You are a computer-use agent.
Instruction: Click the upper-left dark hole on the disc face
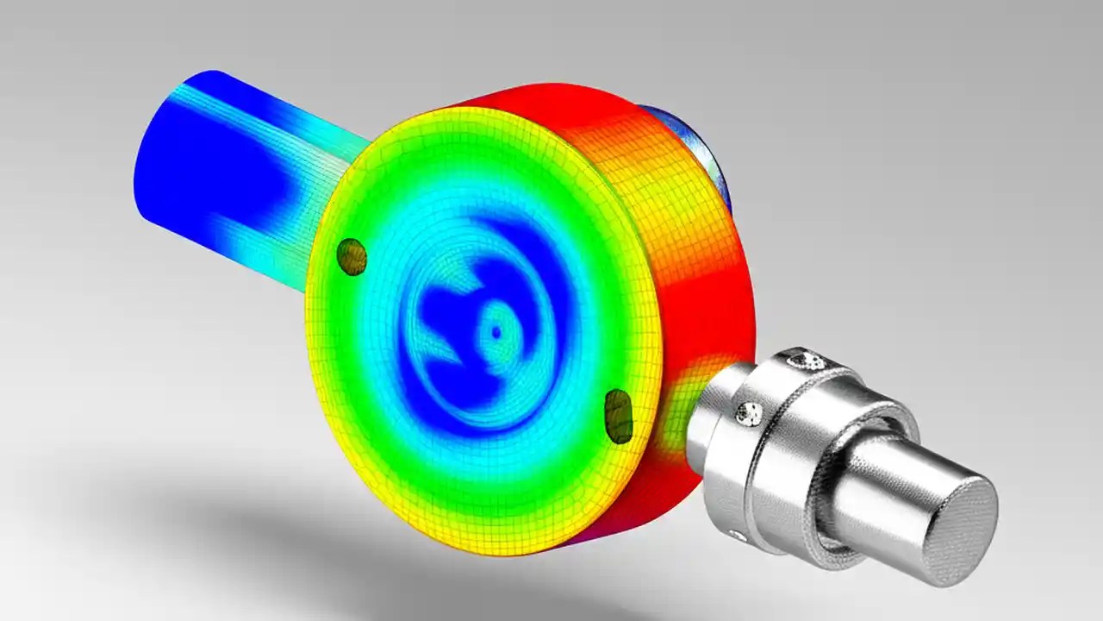pos(351,256)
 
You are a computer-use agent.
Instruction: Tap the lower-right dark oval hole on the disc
pos(618,416)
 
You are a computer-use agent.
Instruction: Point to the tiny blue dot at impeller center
pos(495,331)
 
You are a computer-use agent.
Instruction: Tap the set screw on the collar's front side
pos(748,414)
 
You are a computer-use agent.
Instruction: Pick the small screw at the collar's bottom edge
pos(737,536)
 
